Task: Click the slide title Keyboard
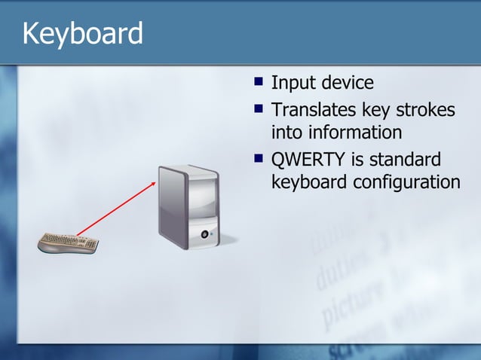pos(82,33)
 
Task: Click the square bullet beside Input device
pos(259,80)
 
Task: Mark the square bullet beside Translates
pos(259,108)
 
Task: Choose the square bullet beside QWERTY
pos(259,158)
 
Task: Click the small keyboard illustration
pos(69,243)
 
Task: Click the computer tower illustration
pos(188,207)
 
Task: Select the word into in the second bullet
pos(287,133)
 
